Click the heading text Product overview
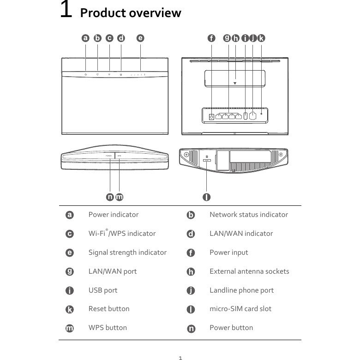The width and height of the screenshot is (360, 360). pos(131,13)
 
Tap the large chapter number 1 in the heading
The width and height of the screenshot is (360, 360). pos(66,10)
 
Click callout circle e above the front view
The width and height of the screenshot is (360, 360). pos(140,38)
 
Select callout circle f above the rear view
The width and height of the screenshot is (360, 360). pos(211,38)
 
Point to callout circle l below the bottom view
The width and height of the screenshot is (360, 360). pos(206,197)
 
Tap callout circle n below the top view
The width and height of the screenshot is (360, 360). pos(110,197)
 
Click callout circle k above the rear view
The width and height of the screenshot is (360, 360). pos(261,38)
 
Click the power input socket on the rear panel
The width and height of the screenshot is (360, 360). pos(211,116)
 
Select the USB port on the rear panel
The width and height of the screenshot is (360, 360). pos(245,115)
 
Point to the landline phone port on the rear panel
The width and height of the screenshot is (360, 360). pos(253,115)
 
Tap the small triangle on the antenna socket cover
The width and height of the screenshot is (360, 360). pos(235,84)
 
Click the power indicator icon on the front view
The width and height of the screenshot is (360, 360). pos(86,74)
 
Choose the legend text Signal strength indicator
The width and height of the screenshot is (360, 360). pos(127,252)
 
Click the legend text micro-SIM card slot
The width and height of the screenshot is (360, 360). pos(240,309)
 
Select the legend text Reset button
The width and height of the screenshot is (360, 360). pos(109,309)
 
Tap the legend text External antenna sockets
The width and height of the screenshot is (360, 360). pos(249,271)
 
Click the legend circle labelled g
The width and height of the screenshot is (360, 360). pos(70,271)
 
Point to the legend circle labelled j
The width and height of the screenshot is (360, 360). pos(191,291)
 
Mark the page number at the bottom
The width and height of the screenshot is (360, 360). pos(180,358)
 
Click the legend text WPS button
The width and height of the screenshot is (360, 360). pos(108,328)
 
